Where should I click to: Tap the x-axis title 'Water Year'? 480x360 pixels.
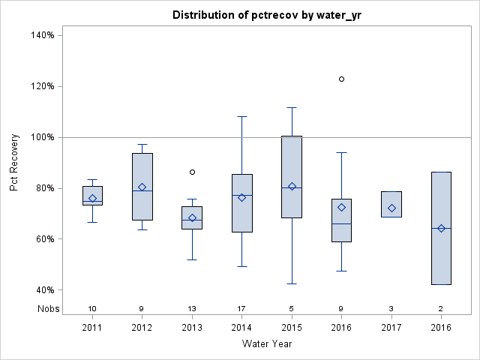coord(267,343)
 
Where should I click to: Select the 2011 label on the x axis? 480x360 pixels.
coord(92,328)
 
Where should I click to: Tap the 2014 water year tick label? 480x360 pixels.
coord(241,328)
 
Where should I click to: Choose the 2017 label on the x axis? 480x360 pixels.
coord(391,328)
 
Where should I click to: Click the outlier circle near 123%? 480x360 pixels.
coord(341,79)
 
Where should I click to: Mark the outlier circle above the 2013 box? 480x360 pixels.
coord(192,172)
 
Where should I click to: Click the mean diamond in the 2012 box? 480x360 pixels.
coord(142,187)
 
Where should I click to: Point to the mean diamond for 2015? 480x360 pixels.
coord(292,186)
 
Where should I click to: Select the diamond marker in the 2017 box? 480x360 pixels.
coord(391,208)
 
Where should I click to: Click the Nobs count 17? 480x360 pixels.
coord(241,308)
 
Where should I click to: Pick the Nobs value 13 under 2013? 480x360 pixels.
coord(192,308)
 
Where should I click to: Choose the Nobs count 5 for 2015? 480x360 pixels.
coord(292,308)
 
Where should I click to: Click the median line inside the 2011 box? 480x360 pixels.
coord(92,201)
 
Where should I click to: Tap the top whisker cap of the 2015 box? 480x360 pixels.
coord(292,107)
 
